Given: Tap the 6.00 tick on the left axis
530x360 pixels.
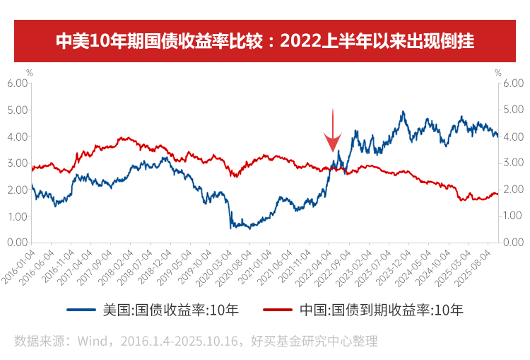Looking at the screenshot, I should point(18,83).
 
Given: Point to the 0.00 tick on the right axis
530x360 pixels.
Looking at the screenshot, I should point(513,243).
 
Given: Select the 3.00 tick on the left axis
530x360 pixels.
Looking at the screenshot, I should point(18,163).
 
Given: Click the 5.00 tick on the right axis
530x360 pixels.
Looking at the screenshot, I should point(513,110).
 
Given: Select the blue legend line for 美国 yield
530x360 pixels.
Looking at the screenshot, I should point(81,309).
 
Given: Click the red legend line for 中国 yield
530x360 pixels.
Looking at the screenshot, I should point(277,309).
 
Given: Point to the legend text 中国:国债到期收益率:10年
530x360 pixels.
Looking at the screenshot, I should point(381,309).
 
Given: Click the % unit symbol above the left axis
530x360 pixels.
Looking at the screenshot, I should point(29,72).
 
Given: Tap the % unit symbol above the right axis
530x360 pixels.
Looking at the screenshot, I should point(497,72).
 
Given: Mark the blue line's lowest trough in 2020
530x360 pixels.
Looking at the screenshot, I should point(231,228).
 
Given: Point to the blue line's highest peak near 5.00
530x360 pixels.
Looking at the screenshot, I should point(403,112).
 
